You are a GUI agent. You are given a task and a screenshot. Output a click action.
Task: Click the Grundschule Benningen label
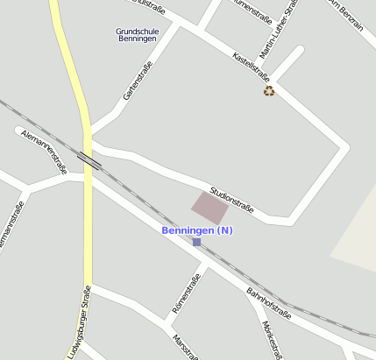(136, 36)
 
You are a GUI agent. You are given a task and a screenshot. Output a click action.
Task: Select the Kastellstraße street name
(250, 67)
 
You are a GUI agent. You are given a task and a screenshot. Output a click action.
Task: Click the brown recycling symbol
(269, 90)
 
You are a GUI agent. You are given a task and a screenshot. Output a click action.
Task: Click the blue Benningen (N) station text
(197, 230)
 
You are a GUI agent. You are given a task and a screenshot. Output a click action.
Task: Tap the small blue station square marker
(196, 242)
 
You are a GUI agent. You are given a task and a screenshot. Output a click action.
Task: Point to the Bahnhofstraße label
(268, 303)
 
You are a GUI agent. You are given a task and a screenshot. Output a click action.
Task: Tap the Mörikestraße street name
(272, 340)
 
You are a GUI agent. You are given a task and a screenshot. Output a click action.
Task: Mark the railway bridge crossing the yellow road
(89, 159)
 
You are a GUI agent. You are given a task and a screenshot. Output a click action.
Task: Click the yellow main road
(88, 219)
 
